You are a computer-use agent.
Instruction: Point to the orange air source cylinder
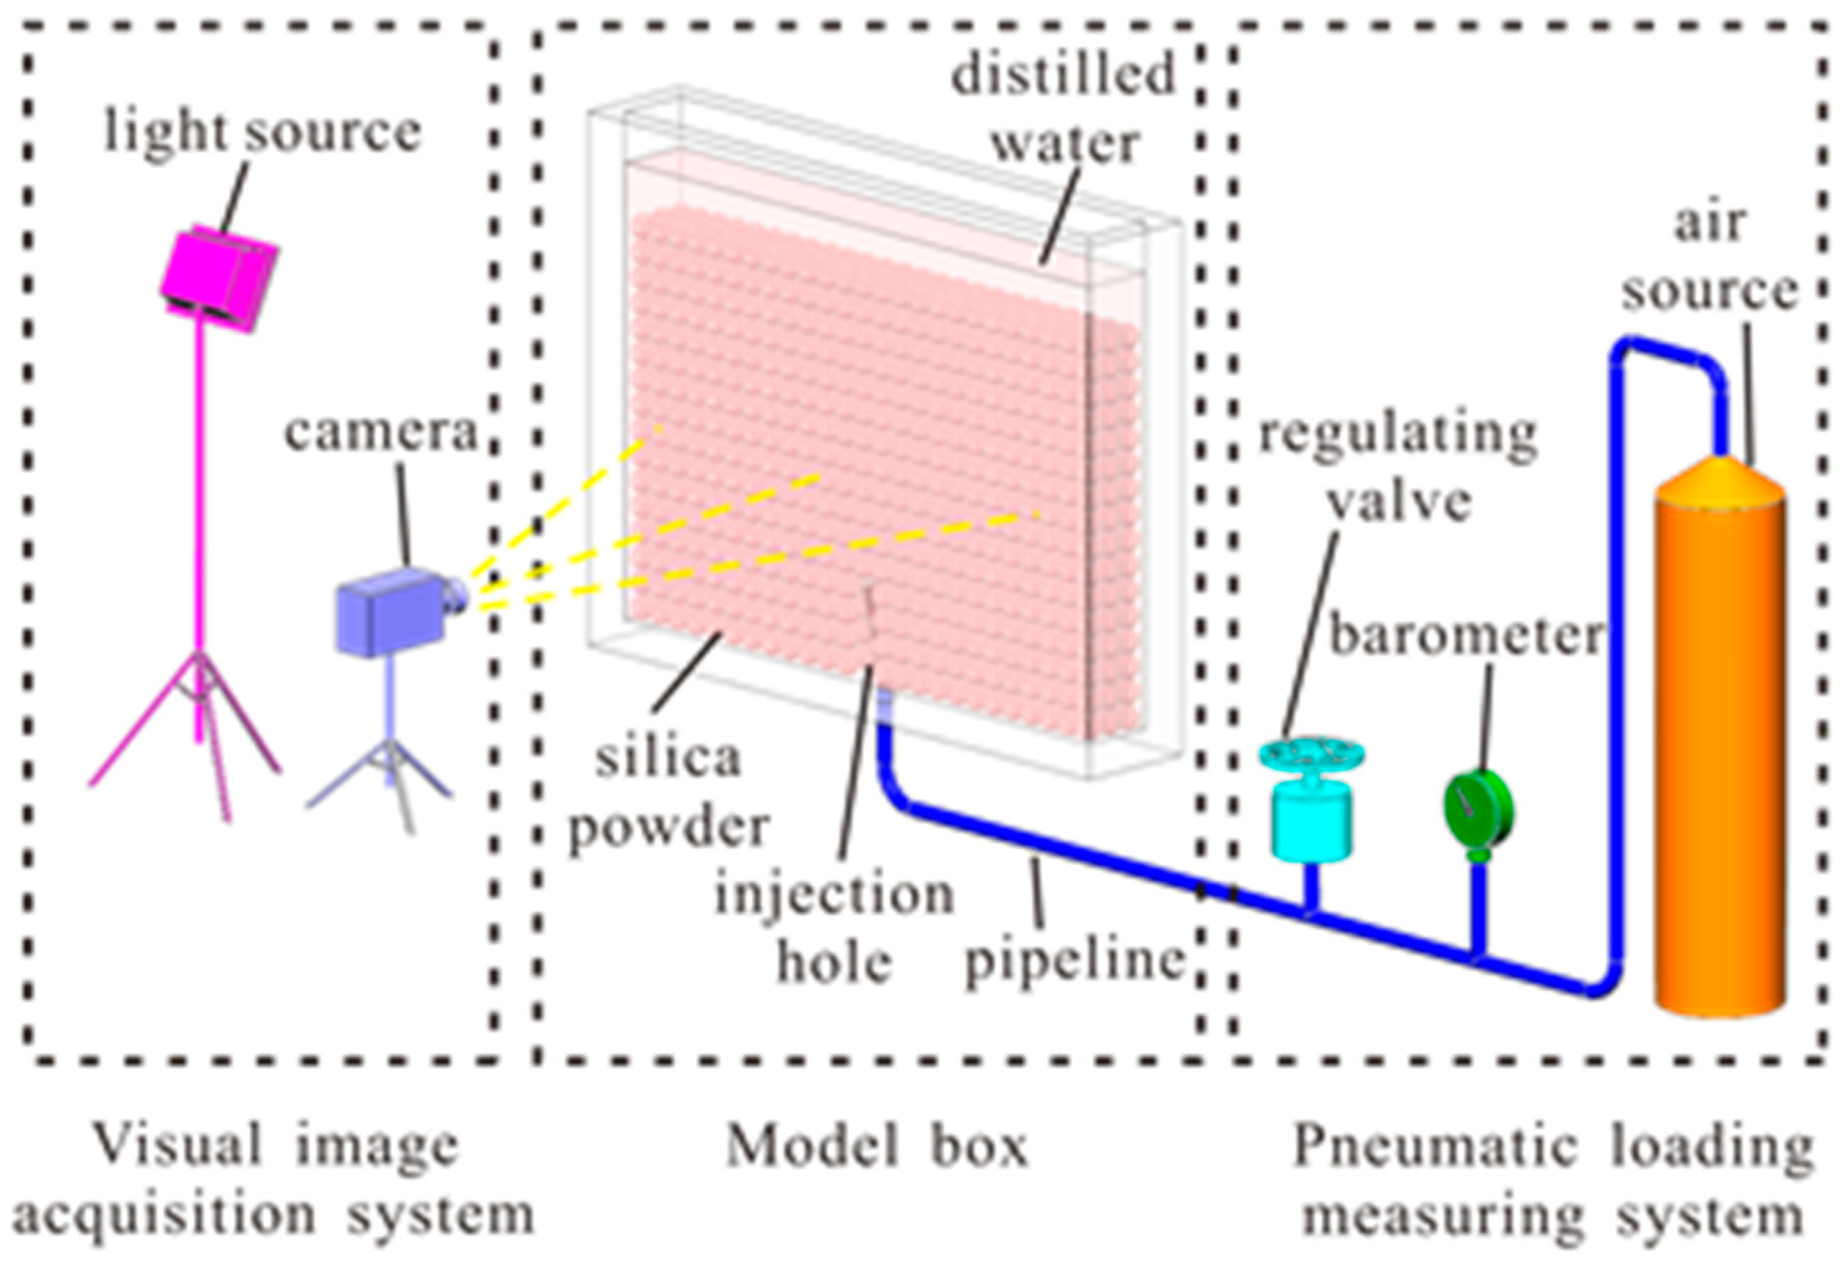click(x=1719, y=755)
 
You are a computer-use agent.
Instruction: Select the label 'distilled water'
click(x=1064, y=107)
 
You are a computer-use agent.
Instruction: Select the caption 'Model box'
click(x=877, y=1147)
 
